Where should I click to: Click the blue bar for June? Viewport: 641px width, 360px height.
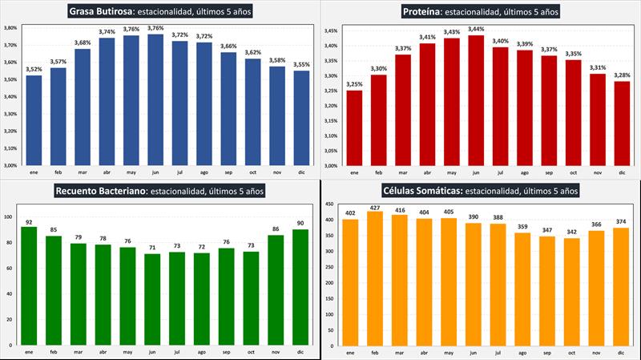coord(155,100)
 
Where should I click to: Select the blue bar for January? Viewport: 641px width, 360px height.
coord(34,120)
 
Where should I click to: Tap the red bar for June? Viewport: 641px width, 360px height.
coord(477,100)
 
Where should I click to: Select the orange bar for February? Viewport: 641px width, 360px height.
coord(374,277)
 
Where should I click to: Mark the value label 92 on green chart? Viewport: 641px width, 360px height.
coord(30,222)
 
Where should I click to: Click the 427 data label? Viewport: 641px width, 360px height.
coord(374,207)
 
